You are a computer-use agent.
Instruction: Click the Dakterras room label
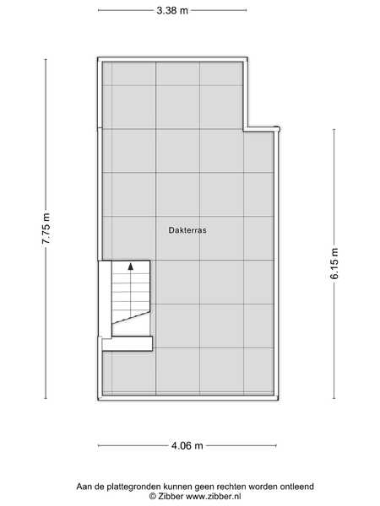point(187,230)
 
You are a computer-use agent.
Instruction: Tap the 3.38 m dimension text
point(172,10)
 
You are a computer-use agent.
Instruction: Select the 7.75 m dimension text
point(46,228)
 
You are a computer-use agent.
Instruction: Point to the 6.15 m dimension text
point(334,263)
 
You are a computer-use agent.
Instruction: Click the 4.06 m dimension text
point(187,445)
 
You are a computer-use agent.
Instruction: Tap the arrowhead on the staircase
point(131,266)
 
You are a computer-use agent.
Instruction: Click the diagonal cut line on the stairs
point(131,317)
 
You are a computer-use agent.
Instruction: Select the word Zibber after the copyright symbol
point(171,496)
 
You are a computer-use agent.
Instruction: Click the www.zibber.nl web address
point(214,496)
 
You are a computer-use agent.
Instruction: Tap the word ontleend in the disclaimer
point(297,487)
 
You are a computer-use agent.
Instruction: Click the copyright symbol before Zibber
point(153,497)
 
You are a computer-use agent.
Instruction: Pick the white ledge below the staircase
point(127,343)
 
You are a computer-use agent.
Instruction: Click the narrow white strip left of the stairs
point(105,299)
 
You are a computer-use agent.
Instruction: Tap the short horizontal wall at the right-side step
point(262,129)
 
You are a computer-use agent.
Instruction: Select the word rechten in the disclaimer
point(231,487)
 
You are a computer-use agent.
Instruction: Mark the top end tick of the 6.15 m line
point(334,130)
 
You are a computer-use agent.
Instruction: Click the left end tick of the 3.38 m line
point(99,10)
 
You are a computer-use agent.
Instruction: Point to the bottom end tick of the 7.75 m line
point(46,398)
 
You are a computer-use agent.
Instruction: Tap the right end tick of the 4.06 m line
point(276,445)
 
